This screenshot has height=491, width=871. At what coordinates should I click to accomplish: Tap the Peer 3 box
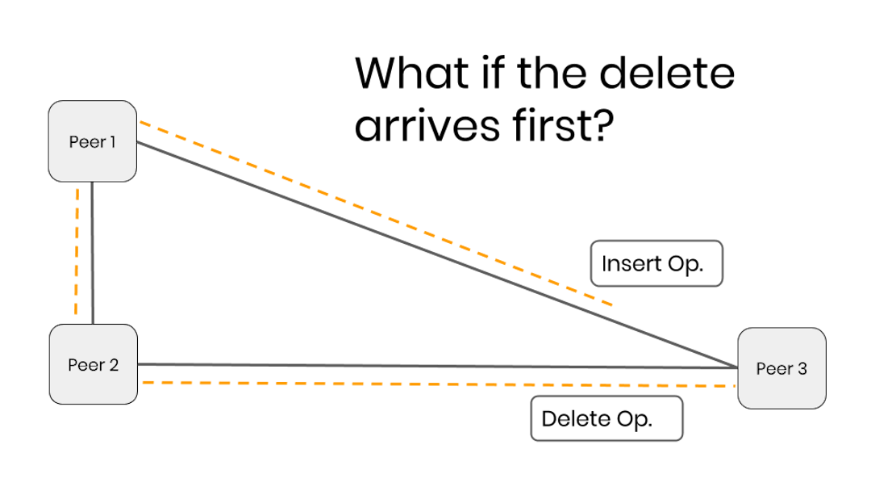click(x=781, y=368)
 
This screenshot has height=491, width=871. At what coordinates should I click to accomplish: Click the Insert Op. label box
click(x=656, y=263)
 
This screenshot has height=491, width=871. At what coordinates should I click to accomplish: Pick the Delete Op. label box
click(x=606, y=419)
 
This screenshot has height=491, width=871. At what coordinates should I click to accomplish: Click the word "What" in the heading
click(x=411, y=73)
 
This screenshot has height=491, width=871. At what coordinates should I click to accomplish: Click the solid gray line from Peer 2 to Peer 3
click(x=435, y=366)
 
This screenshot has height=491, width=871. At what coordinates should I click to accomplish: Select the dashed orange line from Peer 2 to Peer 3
click(x=435, y=384)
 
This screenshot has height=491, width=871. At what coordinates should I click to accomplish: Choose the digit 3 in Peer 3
click(x=802, y=369)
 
